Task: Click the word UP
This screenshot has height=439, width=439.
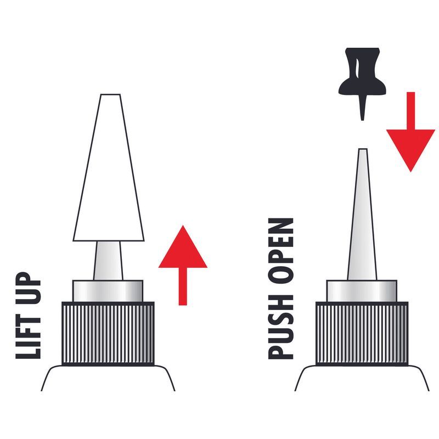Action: pos(29,285)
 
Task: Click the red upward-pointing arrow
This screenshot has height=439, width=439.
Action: pos(183,265)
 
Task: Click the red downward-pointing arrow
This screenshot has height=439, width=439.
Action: pos(410,132)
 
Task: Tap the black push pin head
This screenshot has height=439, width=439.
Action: pos(362,72)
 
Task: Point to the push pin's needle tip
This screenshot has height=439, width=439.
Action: pos(362,120)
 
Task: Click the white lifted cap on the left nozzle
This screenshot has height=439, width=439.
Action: pos(109,167)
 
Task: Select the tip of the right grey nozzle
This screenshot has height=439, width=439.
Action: pos(363,149)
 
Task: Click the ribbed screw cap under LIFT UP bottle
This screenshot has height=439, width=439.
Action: pos(108,334)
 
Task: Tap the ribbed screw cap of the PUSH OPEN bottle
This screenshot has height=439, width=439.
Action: pos(362,334)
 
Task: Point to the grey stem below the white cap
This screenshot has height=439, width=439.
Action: pos(108,260)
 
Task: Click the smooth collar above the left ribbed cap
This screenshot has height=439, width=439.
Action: pos(108,291)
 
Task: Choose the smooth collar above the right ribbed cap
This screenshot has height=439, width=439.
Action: pos(362,291)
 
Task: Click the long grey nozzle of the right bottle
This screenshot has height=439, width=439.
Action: pos(363,215)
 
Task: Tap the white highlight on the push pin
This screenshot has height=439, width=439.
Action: pos(356,67)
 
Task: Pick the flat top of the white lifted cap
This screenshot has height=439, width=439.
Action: pos(110,94)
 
